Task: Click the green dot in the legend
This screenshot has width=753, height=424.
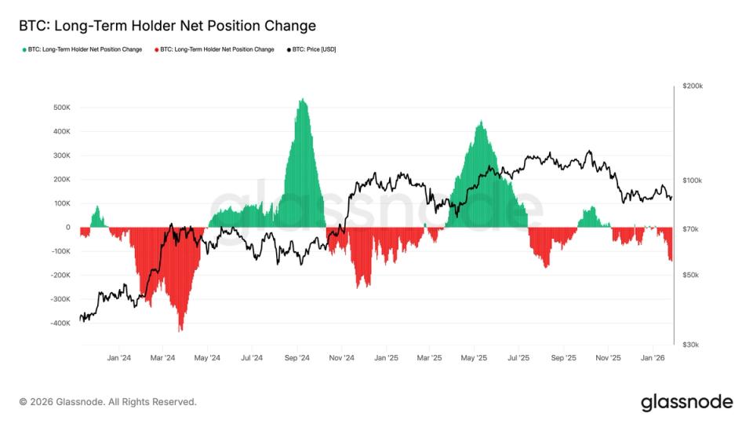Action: pos(24,49)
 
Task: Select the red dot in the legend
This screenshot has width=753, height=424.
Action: pos(156,49)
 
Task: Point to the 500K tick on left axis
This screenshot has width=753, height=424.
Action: pos(61,107)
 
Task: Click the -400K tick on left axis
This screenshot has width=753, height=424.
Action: pos(60,323)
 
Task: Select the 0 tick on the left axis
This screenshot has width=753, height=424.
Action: pos(67,227)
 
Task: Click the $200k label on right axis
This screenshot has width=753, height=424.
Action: pos(693,86)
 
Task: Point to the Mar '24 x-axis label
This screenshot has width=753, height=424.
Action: pos(162,358)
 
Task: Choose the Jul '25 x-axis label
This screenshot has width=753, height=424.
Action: pos(518,358)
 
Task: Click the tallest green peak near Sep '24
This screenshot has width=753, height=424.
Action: pos(302,100)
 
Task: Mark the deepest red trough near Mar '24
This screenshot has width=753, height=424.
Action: pos(180,330)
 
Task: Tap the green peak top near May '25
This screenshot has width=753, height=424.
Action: pos(481,122)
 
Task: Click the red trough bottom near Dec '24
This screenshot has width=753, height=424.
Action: pos(359,287)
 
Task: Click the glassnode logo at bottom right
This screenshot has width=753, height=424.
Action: pos(686,402)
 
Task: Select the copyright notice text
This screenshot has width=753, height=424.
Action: pos(107,402)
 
